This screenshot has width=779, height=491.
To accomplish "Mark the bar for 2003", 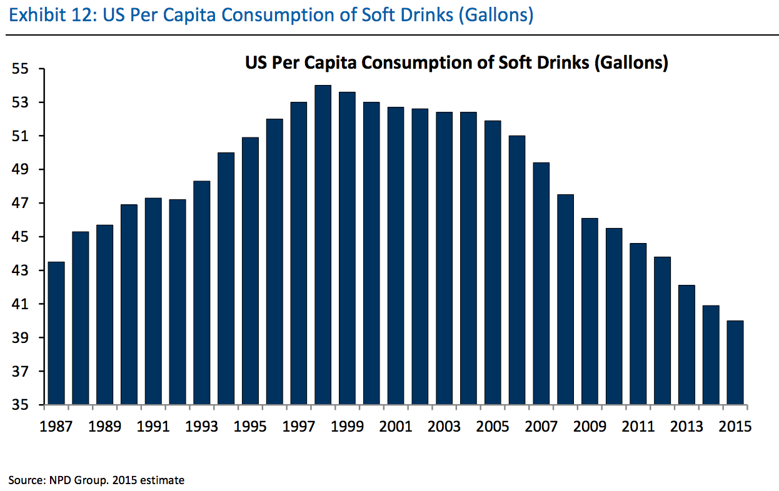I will [x=444, y=258].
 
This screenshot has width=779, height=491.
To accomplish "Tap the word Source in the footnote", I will [x=24, y=480].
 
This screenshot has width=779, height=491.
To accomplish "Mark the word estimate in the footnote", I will [x=163, y=480].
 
